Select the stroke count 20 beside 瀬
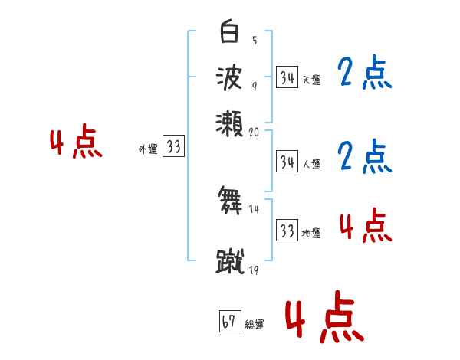pyautogui.click(x=255, y=132)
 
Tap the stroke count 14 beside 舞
pyautogui.click(x=255, y=208)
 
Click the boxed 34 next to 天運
pyautogui.click(x=287, y=77)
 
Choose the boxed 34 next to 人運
pyautogui.click(x=287, y=161)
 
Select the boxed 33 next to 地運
pyautogui.click(x=287, y=231)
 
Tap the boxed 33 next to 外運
pyautogui.click(x=173, y=147)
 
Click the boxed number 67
pyautogui.click(x=228, y=322)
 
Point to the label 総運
pyautogui.click(x=254, y=324)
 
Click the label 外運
pyautogui.click(x=148, y=149)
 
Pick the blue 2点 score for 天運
pyautogui.click(x=363, y=74)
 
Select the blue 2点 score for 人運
pyautogui.click(x=363, y=156)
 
